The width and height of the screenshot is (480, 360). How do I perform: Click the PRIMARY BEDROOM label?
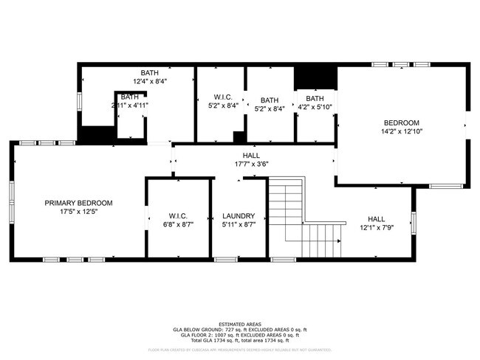(x=78, y=203)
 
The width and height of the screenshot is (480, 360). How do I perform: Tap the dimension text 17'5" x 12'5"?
(x=78, y=212)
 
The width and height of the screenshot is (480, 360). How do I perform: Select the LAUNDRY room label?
(x=239, y=216)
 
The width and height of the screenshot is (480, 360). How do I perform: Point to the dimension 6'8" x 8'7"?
(x=179, y=225)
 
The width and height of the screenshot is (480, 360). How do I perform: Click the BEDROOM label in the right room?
(x=401, y=122)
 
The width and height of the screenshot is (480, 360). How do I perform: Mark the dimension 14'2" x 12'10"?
(x=401, y=131)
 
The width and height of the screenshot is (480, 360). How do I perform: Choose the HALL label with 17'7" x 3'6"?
(x=251, y=155)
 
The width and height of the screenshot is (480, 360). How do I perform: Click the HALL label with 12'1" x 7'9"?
(x=377, y=219)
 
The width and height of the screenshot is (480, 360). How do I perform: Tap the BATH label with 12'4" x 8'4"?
(x=150, y=72)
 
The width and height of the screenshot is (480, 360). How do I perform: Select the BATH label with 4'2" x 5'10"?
(x=315, y=98)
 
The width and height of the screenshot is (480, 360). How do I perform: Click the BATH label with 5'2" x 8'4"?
(x=270, y=100)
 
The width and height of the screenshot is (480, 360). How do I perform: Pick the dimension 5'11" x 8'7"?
(x=239, y=225)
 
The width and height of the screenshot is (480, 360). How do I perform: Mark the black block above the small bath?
(x=316, y=77)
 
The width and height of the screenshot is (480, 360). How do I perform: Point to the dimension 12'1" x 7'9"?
(x=377, y=228)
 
